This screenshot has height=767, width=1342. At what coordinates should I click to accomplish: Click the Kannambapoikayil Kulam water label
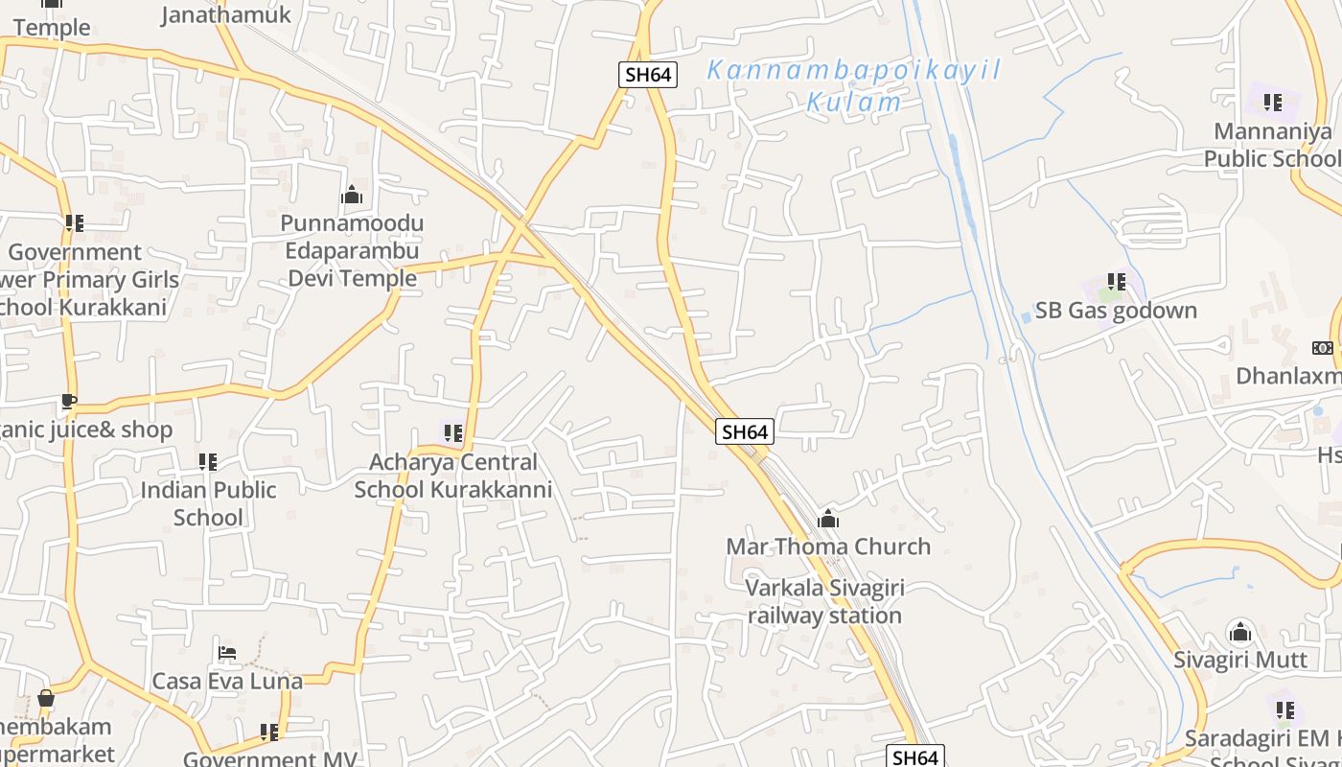[x=854, y=85]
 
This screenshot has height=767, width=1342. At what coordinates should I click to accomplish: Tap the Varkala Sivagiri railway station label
[x=824, y=601]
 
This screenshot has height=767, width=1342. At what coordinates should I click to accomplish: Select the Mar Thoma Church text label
[x=828, y=546]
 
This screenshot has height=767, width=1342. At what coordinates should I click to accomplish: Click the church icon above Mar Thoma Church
[x=828, y=520]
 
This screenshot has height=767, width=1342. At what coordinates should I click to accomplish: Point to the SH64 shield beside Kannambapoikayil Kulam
[x=648, y=75]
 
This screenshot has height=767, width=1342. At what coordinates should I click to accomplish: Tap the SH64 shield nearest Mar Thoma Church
[x=745, y=431]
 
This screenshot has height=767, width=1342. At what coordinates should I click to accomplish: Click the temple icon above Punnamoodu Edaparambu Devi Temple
[x=352, y=196]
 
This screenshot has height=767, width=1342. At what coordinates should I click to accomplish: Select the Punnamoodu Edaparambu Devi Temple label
[x=352, y=250]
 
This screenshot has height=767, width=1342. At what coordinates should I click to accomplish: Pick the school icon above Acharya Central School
[x=453, y=433]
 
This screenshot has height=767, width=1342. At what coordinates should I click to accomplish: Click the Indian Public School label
[x=208, y=503]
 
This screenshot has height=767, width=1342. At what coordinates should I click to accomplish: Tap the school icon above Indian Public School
[x=208, y=462]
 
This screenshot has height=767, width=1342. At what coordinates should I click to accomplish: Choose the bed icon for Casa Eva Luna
[x=227, y=653]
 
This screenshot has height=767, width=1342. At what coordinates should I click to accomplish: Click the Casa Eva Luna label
[x=227, y=682]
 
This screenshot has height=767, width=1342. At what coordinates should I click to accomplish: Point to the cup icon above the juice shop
[x=68, y=402]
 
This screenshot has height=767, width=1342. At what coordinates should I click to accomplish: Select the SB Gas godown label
[x=1116, y=311]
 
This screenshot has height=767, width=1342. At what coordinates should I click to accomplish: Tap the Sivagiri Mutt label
[x=1240, y=660]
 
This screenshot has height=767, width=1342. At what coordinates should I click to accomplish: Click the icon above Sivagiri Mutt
[x=1240, y=633]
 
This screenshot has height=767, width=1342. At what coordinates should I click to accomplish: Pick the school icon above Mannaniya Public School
[x=1273, y=102]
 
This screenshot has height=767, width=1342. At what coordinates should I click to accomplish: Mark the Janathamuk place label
[x=226, y=14]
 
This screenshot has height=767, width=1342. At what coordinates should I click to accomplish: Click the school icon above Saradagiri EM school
[x=1285, y=710]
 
